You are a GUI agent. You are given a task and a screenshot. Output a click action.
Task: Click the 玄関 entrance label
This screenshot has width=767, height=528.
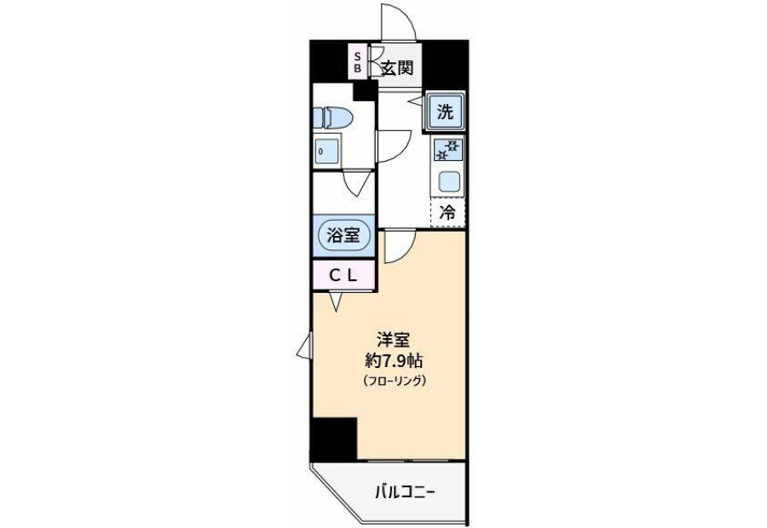click(397, 68)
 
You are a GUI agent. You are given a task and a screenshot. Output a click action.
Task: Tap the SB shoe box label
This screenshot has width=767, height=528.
click(358, 61)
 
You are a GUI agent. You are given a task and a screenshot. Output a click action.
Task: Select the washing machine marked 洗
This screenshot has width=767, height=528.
click(445, 112)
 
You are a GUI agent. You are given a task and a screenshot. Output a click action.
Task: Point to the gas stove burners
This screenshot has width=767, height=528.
click(447, 150)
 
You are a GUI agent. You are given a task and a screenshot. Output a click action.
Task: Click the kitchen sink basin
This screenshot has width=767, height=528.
click(448, 183)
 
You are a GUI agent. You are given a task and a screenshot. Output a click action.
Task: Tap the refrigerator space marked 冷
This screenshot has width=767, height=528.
click(447, 213)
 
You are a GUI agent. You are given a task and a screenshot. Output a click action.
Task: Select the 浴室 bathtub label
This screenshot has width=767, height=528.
click(343, 236)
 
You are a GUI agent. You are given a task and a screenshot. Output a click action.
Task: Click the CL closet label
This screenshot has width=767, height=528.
click(343, 276)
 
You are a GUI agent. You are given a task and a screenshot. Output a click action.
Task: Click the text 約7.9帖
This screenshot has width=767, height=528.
click(394, 361)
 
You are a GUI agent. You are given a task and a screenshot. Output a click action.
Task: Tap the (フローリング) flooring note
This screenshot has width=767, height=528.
click(394, 381)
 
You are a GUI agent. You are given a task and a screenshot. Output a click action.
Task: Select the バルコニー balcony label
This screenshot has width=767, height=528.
click(405, 492)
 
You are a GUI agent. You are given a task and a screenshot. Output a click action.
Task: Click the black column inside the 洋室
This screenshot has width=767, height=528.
click(334, 439)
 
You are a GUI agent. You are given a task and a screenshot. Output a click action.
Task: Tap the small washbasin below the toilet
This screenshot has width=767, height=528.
click(326, 151)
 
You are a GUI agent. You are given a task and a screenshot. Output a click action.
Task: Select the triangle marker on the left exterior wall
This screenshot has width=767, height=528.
click(303, 347)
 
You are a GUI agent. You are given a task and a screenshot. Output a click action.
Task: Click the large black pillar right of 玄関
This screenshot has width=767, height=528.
click(445, 64)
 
